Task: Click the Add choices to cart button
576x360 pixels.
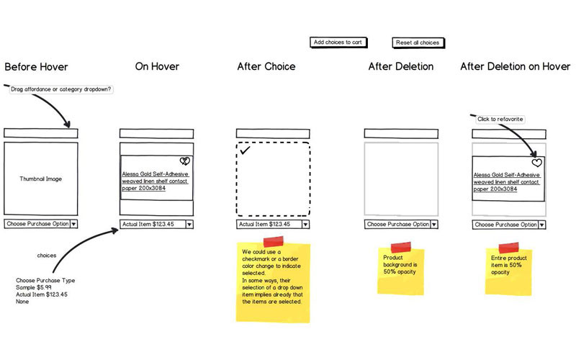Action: [x=338, y=42]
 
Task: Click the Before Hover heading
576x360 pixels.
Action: [x=37, y=67]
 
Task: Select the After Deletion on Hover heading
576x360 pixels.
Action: [x=516, y=66]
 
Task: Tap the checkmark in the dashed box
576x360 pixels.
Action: [x=245, y=150]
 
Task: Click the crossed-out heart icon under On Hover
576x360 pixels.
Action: [x=185, y=161]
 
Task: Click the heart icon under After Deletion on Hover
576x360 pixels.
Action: [x=536, y=163]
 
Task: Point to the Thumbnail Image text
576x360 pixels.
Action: [x=41, y=179]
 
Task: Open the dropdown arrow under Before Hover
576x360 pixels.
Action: [x=73, y=224]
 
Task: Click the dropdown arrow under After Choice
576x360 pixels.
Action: [x=305, y=225]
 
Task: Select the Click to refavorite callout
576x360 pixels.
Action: [x=500, y=119]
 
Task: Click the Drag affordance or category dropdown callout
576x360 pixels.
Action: [x=60, y=89]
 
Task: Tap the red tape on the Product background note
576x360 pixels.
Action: [x=401, y=247]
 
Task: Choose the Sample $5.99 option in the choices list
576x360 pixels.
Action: [x=33, y=287]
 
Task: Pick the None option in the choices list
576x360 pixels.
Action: [x=22, y=302]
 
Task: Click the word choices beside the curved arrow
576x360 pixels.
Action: [x=47, y=256]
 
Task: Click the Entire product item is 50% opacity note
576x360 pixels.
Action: [x=508, y=271]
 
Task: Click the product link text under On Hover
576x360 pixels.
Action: [x=155, y=181]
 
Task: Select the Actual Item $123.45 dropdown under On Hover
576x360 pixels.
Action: [x=156, y=224]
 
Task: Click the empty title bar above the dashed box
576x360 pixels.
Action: [x=273, y=133]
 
